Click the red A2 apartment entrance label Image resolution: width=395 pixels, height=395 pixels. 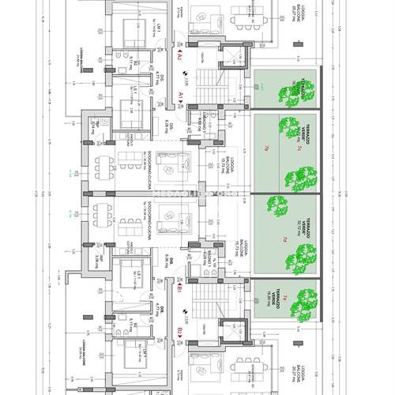pyautogui.click(x=179, y=58)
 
